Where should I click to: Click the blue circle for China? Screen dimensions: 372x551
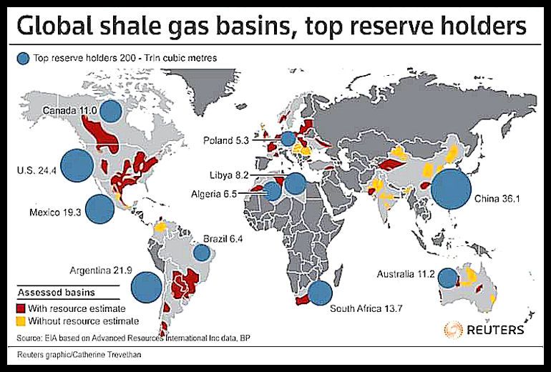click(x=450, y=188)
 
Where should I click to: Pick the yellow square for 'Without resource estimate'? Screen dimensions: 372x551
click(x=22, y=320)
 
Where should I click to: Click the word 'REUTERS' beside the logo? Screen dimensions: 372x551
click(x=496, y=331)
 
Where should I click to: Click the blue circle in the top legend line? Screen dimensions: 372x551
click(x=24, y=56)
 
